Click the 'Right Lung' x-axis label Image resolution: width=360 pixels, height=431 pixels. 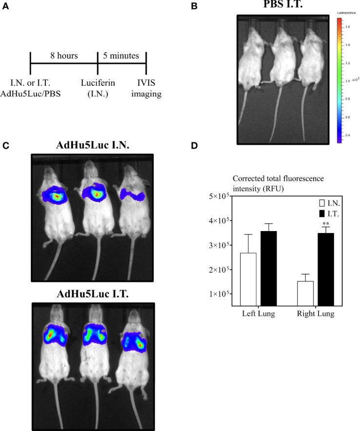pyautogui.click(x=316, y=313)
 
